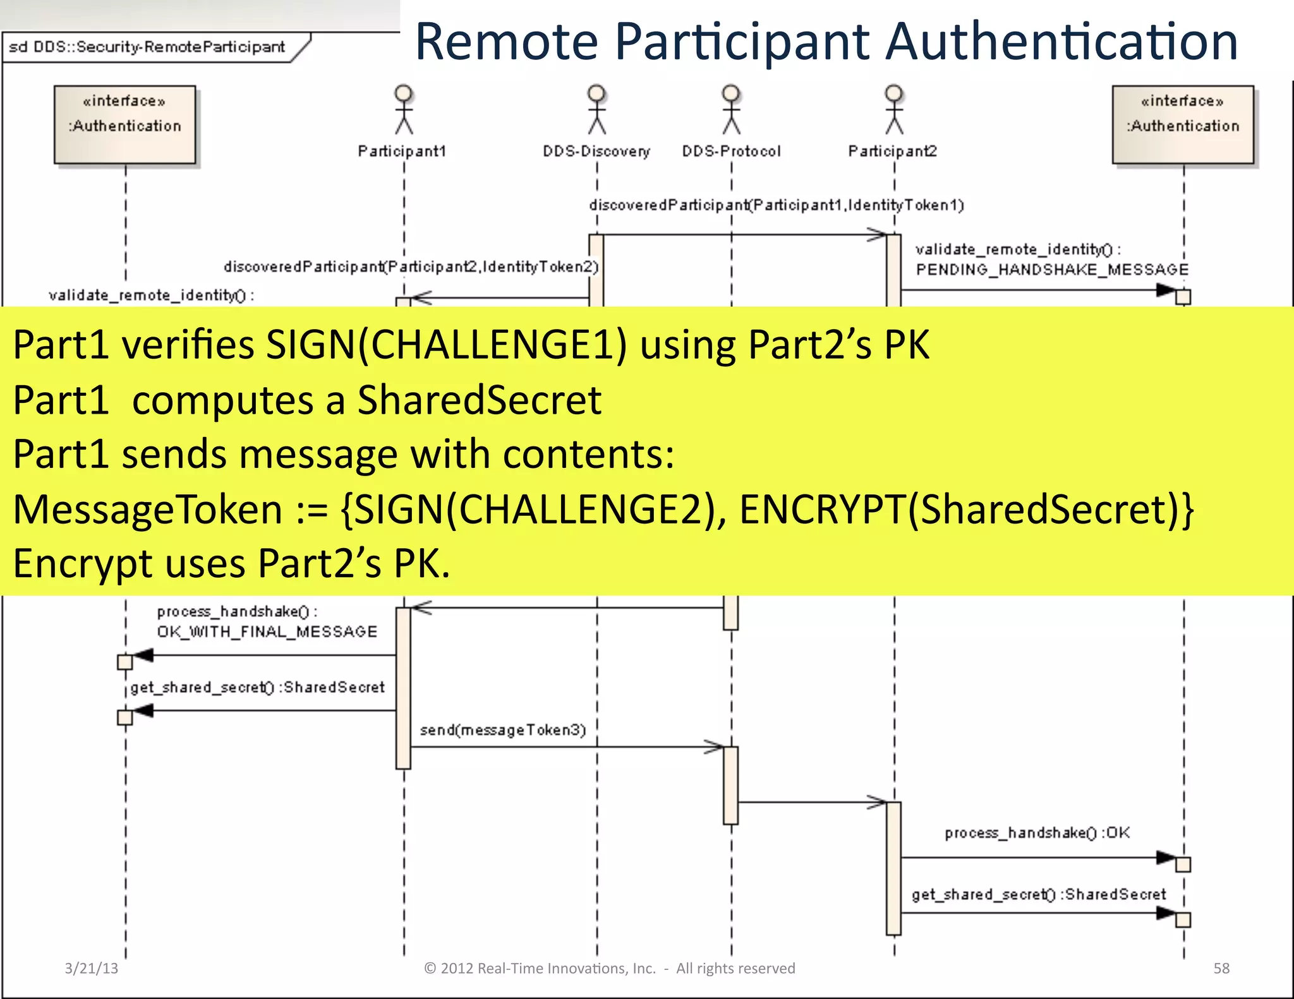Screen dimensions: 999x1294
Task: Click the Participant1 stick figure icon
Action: pos(404,110)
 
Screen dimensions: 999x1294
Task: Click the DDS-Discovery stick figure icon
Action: pos(596,110)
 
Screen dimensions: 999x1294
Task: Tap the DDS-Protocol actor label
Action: pos(731,152)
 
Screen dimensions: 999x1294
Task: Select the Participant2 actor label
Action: pos(892,152)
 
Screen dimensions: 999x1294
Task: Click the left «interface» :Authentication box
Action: pos(125,125)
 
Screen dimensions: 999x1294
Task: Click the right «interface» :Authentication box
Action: pos(1183,125)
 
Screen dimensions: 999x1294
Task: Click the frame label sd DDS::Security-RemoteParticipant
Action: pos(147,47)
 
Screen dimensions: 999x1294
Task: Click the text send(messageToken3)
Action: pos(503,730)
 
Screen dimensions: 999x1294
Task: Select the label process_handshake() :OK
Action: pos(1037,833)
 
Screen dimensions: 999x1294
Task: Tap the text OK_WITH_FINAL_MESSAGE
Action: pos(267,631)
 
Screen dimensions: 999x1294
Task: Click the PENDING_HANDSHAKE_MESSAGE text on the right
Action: pos(1052,270)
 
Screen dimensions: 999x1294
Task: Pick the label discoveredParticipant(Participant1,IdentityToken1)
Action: pos(776,205)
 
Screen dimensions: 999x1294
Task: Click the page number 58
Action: pos(1221,968)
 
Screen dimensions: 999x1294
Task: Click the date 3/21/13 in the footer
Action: pos(92,968)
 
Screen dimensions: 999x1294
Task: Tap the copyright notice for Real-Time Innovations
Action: pos(609,968)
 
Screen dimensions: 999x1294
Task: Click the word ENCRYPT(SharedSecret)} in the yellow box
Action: pos(966,509)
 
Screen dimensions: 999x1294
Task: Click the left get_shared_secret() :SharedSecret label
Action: pos(257,687)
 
